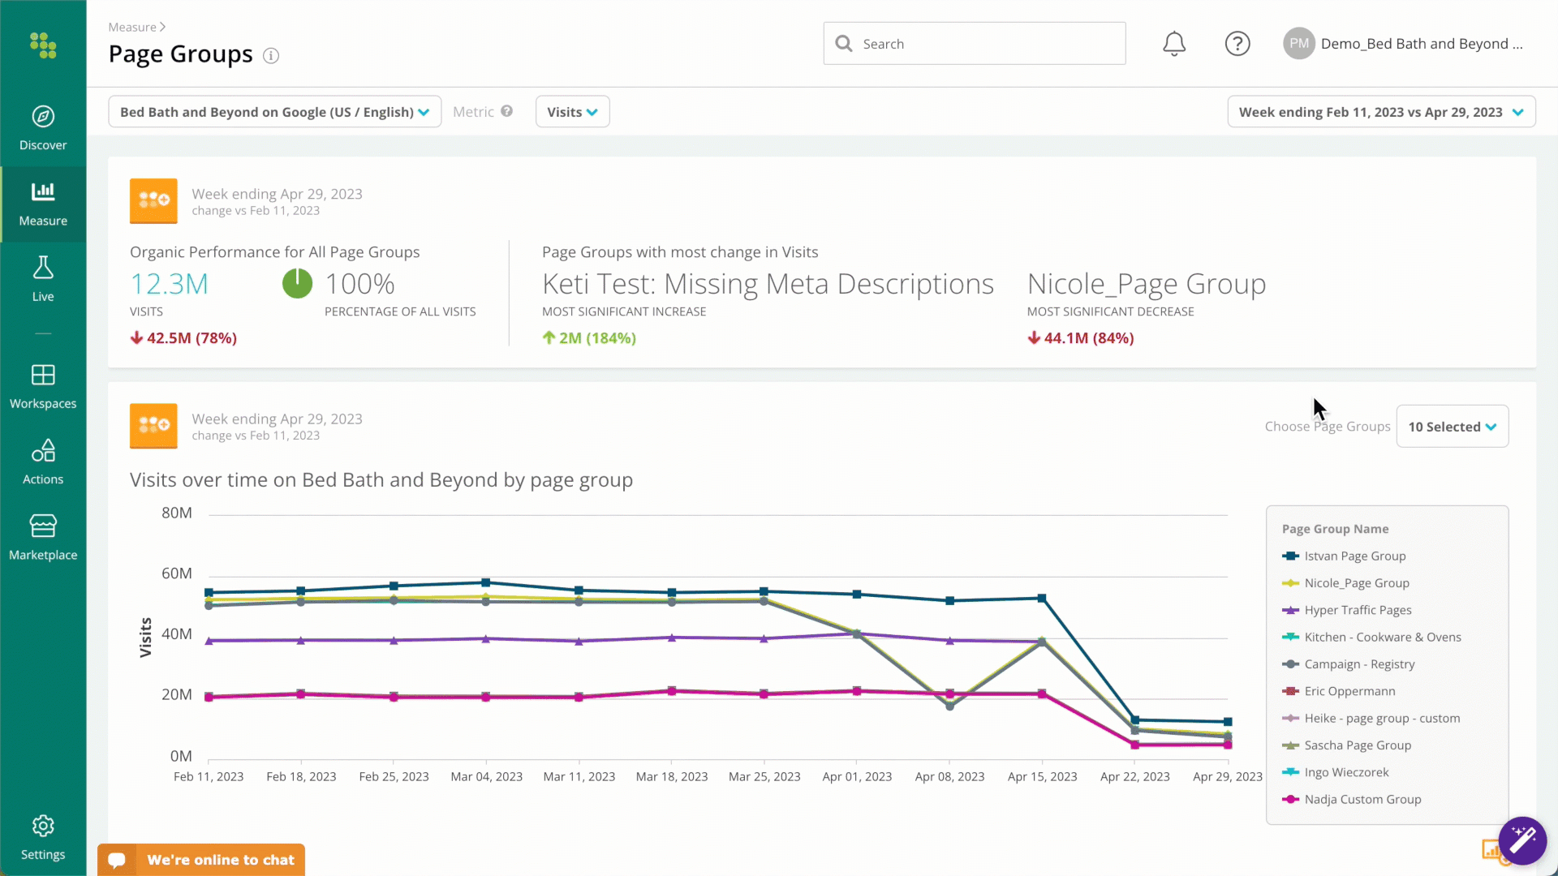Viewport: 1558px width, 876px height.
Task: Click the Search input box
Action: pos(974,44)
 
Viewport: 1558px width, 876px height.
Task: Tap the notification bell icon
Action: pos(1174,44)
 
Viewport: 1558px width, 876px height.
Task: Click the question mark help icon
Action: pos(1237,44)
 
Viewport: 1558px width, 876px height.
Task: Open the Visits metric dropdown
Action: pos(572,112)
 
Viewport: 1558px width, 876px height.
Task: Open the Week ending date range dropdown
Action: pos(1381,112)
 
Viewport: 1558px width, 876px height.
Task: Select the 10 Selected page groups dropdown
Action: pos(1452,427)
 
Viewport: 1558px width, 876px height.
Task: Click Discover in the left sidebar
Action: pos(43,128)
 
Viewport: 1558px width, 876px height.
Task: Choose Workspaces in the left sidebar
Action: pos(43,387)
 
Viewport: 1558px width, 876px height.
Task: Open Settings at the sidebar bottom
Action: pos(43,838)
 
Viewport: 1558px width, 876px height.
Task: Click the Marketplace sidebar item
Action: pos(43,538)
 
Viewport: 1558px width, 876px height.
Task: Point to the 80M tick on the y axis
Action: pos(177,513)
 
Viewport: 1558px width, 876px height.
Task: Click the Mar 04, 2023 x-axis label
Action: pos(487,776)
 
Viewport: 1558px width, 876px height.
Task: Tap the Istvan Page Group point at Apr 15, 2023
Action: pos(1043,599)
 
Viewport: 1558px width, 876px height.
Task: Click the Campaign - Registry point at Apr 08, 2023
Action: pos(950,706)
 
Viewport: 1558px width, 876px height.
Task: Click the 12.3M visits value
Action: pos(170,284)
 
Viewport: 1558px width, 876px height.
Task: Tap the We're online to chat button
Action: pos(201,860)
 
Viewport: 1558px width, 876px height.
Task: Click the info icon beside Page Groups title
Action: pos(271,55)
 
